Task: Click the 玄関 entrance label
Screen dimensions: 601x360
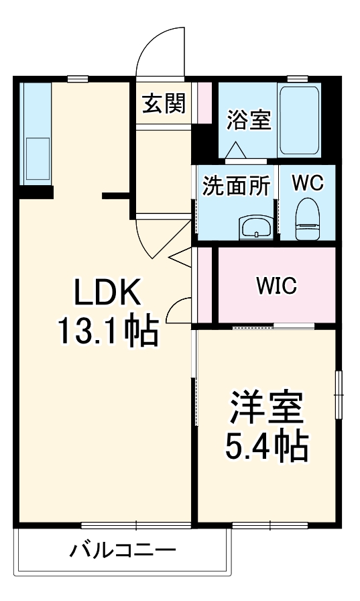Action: point(164,104)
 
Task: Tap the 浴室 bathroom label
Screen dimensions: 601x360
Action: point(249,121)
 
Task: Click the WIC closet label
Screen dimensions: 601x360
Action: point(275,286)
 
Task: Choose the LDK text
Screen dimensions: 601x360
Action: point(107,292)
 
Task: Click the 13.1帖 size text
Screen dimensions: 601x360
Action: point(107,331)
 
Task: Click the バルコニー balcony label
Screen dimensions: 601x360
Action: point(123,551)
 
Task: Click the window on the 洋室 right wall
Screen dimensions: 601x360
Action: point(339,395)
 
